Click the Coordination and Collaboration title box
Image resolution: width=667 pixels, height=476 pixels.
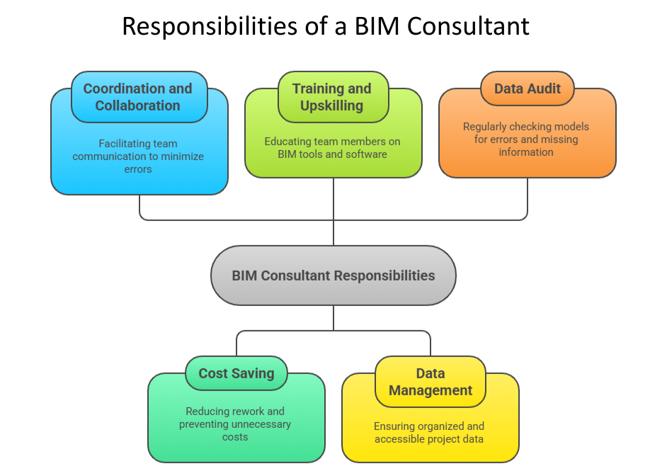click(x=139, y=97)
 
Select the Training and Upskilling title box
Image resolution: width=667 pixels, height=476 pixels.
click(x=332, y=97)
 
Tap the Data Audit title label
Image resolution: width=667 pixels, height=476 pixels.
click(x=527, y=89)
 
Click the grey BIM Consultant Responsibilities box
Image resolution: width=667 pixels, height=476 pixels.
click(x=333, y=276)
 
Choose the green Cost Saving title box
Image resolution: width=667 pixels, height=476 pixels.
click(x=236, y=373)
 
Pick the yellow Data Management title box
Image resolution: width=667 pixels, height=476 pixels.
click(x=430, y=382)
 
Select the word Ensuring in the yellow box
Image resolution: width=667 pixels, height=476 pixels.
click(x=397, y=426)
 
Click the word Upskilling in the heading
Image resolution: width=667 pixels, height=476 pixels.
click(x=332, y=106)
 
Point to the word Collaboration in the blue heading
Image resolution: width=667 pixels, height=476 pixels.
click(x=138, y=106)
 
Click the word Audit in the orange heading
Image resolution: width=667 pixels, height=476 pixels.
click(x=544, y=89)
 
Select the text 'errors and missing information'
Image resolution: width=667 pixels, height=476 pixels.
click(x=526, y=146)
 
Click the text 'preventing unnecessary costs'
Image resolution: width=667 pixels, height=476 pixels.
click(x=235, y=431)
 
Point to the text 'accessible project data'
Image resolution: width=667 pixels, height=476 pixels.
click(x=429, y=439)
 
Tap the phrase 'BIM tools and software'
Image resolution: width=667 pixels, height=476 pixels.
click(x=332, y=154)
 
